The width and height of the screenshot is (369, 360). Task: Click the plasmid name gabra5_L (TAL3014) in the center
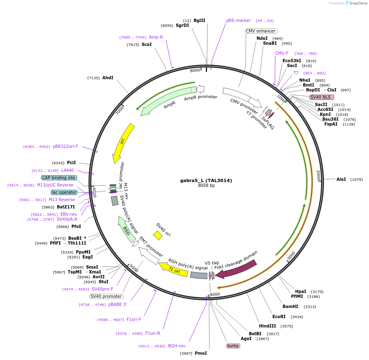tap(206, 180)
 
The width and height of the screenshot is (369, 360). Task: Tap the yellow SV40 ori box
tap(158, 235)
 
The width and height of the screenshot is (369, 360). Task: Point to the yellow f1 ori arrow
tap(173, 270)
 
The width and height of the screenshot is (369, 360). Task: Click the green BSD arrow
tap(127, 229)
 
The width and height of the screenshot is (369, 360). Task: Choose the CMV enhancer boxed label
tap(261, 31)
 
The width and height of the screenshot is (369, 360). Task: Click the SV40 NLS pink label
tap(322, 97)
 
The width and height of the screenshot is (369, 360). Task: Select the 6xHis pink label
tap(233, 346)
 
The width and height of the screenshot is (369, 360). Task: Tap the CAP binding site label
tap(59, 178)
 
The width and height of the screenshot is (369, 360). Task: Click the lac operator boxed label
tap(64, 192)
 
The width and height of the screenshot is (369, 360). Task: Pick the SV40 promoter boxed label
tap(106, 296)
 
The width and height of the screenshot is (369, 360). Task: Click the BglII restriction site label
tap(199, 20)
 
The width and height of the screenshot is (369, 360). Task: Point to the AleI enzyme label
tap(341, 179)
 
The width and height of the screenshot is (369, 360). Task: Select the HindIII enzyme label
tap(268, 326)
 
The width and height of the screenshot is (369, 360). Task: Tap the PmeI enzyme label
tap(201, 353)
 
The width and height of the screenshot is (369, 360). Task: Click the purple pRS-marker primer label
tap(238, 20)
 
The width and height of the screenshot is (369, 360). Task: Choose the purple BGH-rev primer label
tap(177, 346)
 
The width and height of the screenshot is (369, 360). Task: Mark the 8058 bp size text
tap(206, 186)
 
